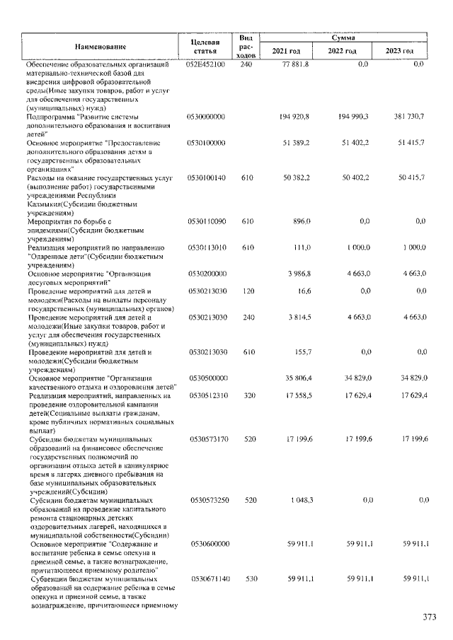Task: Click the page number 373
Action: [x=429, y=617]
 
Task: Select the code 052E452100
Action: [x=205, y=65]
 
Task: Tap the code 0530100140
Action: [x=205, y=178]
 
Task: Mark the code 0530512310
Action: [x=205, y=396]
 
